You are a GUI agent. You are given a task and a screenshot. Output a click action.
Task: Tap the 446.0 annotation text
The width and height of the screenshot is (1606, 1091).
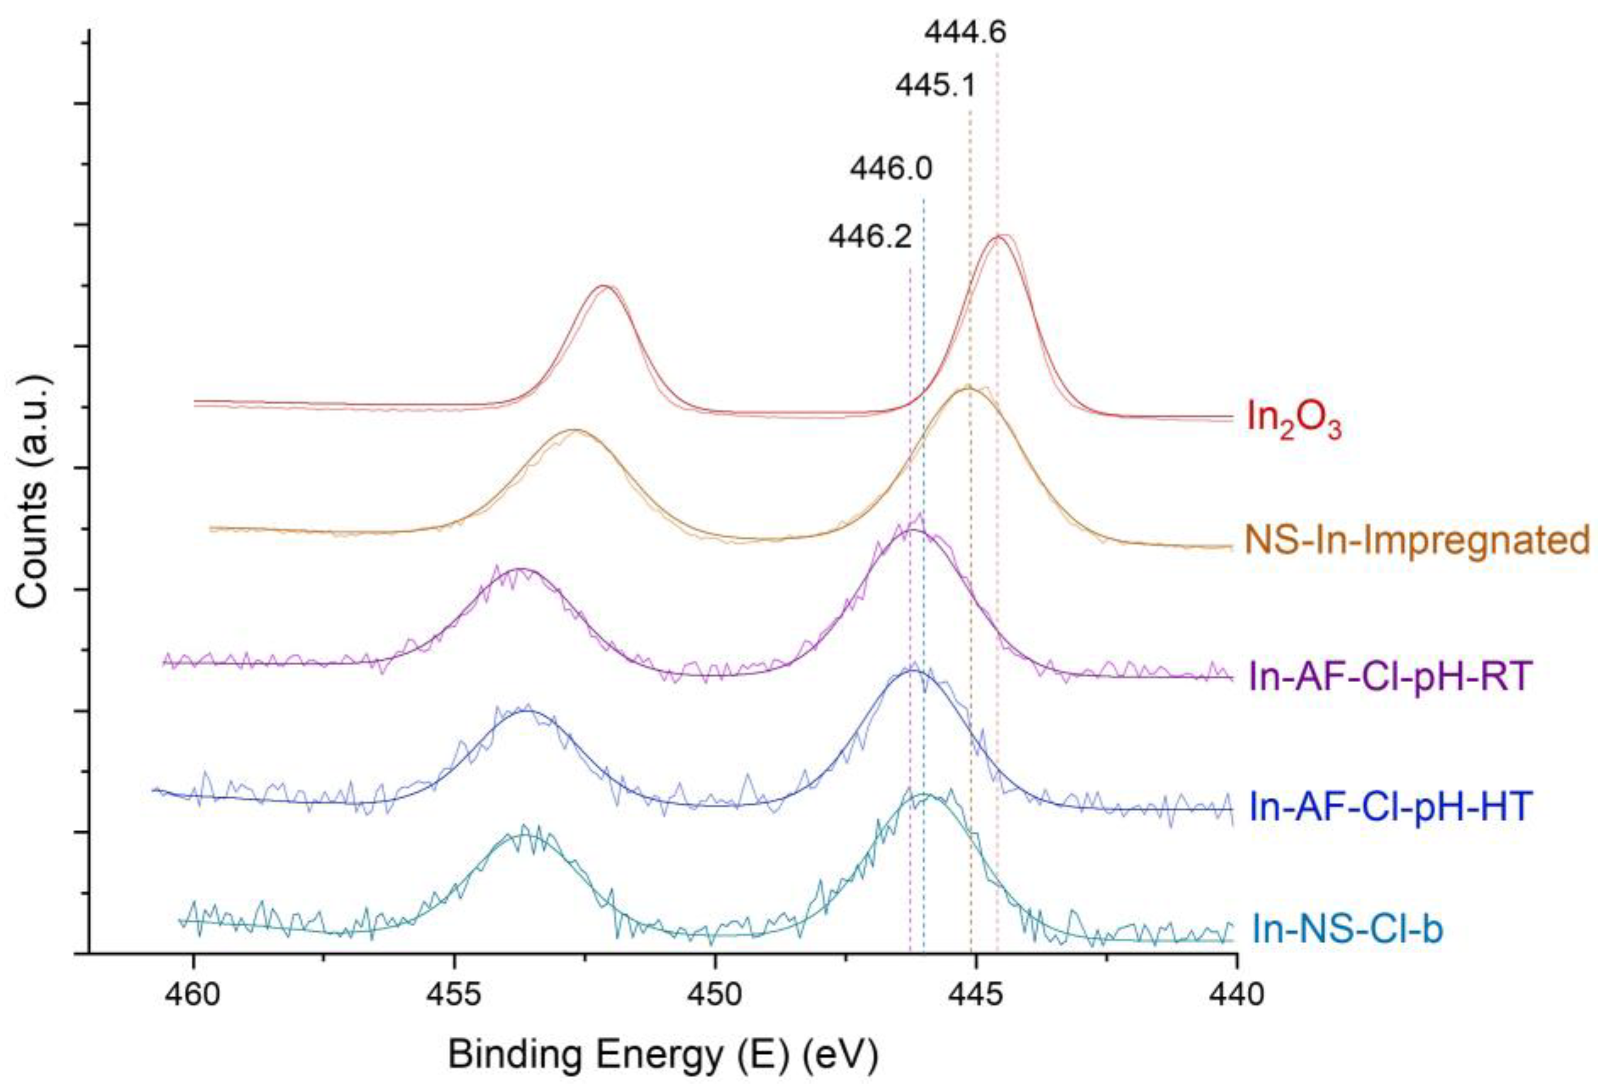pyautogui.click(x=891, y=169)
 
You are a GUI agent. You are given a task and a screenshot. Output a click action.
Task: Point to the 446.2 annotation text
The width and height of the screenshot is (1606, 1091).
pyautogui.click(x=870, y=238)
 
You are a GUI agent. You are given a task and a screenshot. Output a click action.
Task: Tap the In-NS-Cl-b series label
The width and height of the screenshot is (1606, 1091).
pyautogui.click(x=1347, y=929)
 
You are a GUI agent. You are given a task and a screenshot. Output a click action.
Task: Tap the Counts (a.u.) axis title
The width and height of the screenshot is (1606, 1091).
pyautogui.click(x=32, y=492)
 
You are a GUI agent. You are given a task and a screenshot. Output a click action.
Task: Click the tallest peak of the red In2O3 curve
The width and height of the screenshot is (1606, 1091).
pyautogui.click(x=997, y=237)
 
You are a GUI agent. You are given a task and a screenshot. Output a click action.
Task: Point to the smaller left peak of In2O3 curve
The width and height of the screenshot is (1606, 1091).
pyautogui.click(x=604, y=286)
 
